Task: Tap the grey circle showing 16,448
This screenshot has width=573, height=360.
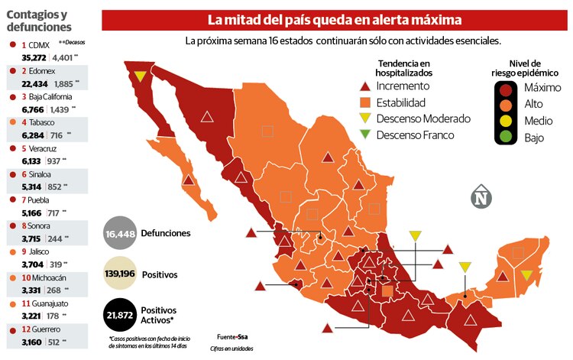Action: tap(120, 233)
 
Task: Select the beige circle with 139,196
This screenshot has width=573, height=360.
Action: tap(122, 274)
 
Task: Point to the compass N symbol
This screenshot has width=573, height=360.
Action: tap(481, 197)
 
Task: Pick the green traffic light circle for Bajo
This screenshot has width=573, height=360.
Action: tap(506, 138)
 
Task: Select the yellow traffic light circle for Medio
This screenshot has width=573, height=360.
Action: tap(506, 121)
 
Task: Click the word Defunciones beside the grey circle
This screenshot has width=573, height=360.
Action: tap(166, 233)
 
